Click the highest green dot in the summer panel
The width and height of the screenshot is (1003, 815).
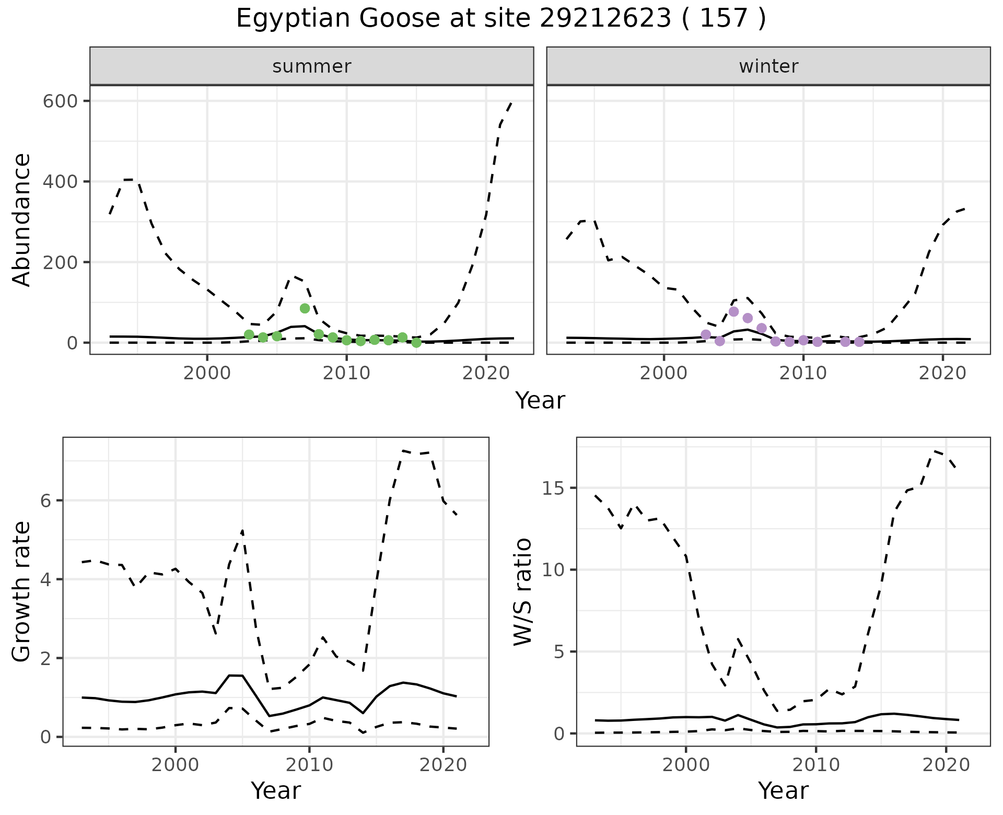[x=305, y=308]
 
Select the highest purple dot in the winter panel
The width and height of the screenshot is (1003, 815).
[x=733, y=311]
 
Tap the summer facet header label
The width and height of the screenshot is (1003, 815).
[x=312, y=66]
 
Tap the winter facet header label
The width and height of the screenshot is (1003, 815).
[x=768, y=66]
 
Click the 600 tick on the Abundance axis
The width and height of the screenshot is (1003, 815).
[x=61, y=101]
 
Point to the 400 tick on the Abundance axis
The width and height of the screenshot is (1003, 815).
[x=61, y=181]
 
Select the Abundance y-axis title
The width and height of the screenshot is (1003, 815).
[x=22, y=220]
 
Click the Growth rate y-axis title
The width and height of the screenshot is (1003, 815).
[x=22, y=592]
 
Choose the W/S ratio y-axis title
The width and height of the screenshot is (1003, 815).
[x=523, y=592]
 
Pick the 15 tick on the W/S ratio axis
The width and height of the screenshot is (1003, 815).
[x=553, y=488]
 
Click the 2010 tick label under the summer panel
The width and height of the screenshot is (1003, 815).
[x=346, y=374]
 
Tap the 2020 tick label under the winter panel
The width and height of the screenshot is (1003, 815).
[x=942, y=374]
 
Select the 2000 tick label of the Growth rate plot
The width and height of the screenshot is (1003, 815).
[x=175, y=765]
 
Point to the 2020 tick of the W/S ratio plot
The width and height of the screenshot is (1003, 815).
[x=946, y=765]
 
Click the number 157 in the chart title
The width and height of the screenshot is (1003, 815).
[x=724, y=19]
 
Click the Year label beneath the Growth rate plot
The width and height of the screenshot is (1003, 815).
[x=276, y=790]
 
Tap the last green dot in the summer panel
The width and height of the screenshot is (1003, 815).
[x=416, y=343]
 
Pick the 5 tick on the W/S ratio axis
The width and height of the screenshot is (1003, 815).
[x=559, y=651]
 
